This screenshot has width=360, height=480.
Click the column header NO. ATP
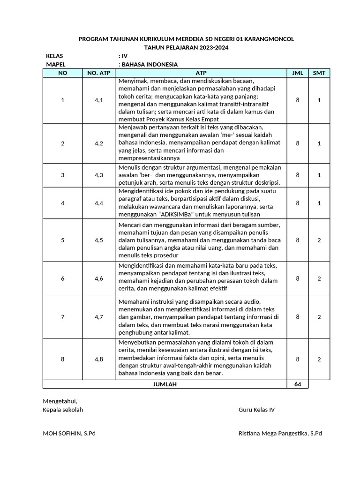pos(98,73)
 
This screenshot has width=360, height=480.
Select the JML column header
pos(298,73)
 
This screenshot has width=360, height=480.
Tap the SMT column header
pos(319,73)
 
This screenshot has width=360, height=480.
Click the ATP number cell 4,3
pos(98,175)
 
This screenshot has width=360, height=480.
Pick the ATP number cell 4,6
pos(98,278)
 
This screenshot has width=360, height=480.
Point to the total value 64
pos(298,384)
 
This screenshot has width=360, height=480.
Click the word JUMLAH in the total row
pos(165,384)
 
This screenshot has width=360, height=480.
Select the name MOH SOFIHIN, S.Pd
pos(69,434)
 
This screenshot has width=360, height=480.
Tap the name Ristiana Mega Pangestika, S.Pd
pos(280,434)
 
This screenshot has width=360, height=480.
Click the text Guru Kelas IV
pos(256,410)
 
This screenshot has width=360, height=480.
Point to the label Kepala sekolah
pos(63,410)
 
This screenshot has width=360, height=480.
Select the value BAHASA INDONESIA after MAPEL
pos(150,65)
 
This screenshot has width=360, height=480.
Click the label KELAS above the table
pos(54,56)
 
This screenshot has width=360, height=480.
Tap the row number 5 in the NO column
pos(62,240)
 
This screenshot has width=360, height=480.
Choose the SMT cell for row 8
pos(319,359)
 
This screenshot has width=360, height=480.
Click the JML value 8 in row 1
pos(298,100)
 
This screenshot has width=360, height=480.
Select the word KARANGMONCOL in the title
pos(265,39)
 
